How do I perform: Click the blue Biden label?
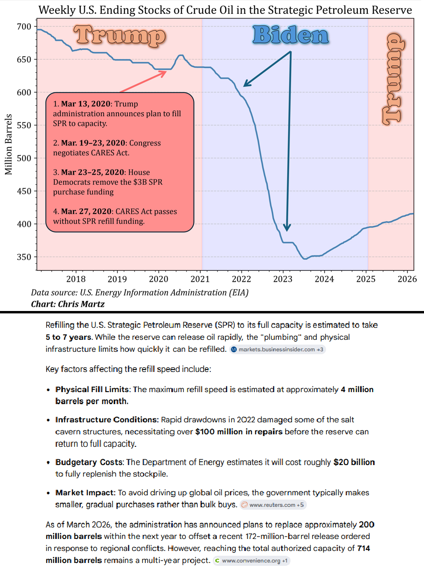pos(290,36)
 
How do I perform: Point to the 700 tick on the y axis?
pos(24,27)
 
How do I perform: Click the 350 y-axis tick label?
pos(24,257)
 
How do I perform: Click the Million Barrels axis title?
pos(9,144)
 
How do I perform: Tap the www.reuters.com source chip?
pos(272,504)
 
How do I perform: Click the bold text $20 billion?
pos(354,462)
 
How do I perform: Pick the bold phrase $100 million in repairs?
pos(240,431)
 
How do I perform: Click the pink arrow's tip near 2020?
pos(167,71)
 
